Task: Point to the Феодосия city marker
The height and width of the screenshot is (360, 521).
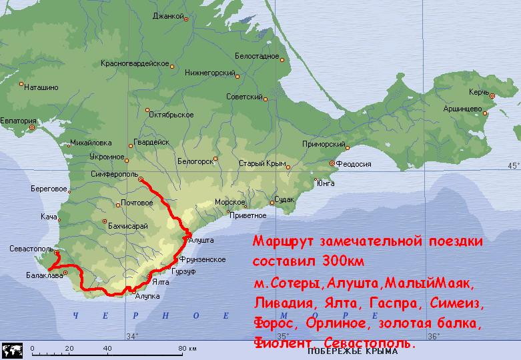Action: (x=331, y=163)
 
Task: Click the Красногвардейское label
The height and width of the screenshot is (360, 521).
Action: (x=134, y=63)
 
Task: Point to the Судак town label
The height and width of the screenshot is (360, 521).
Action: (x=284, y=199)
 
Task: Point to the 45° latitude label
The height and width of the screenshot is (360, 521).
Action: (x=513, y=165)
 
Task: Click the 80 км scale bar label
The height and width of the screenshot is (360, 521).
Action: (x=189, y=348)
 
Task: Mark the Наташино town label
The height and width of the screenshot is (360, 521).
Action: (x=41, y=87)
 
